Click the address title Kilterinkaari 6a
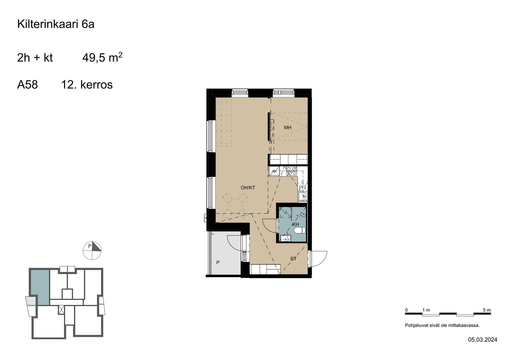[56, 24]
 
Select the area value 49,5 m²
[102, 57]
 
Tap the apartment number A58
[28, 85]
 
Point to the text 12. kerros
[87, 85]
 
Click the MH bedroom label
[288, 128]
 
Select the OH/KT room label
[248, 188]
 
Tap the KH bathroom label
[296, 225]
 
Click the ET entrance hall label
[294, 259]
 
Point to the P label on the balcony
[218, 262]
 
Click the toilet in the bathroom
[300, 231]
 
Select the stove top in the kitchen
[292, 171]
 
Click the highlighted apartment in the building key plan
[40, 287]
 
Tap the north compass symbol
[92, 250]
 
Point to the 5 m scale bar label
[487, 310]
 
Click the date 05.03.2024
[482, 346]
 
